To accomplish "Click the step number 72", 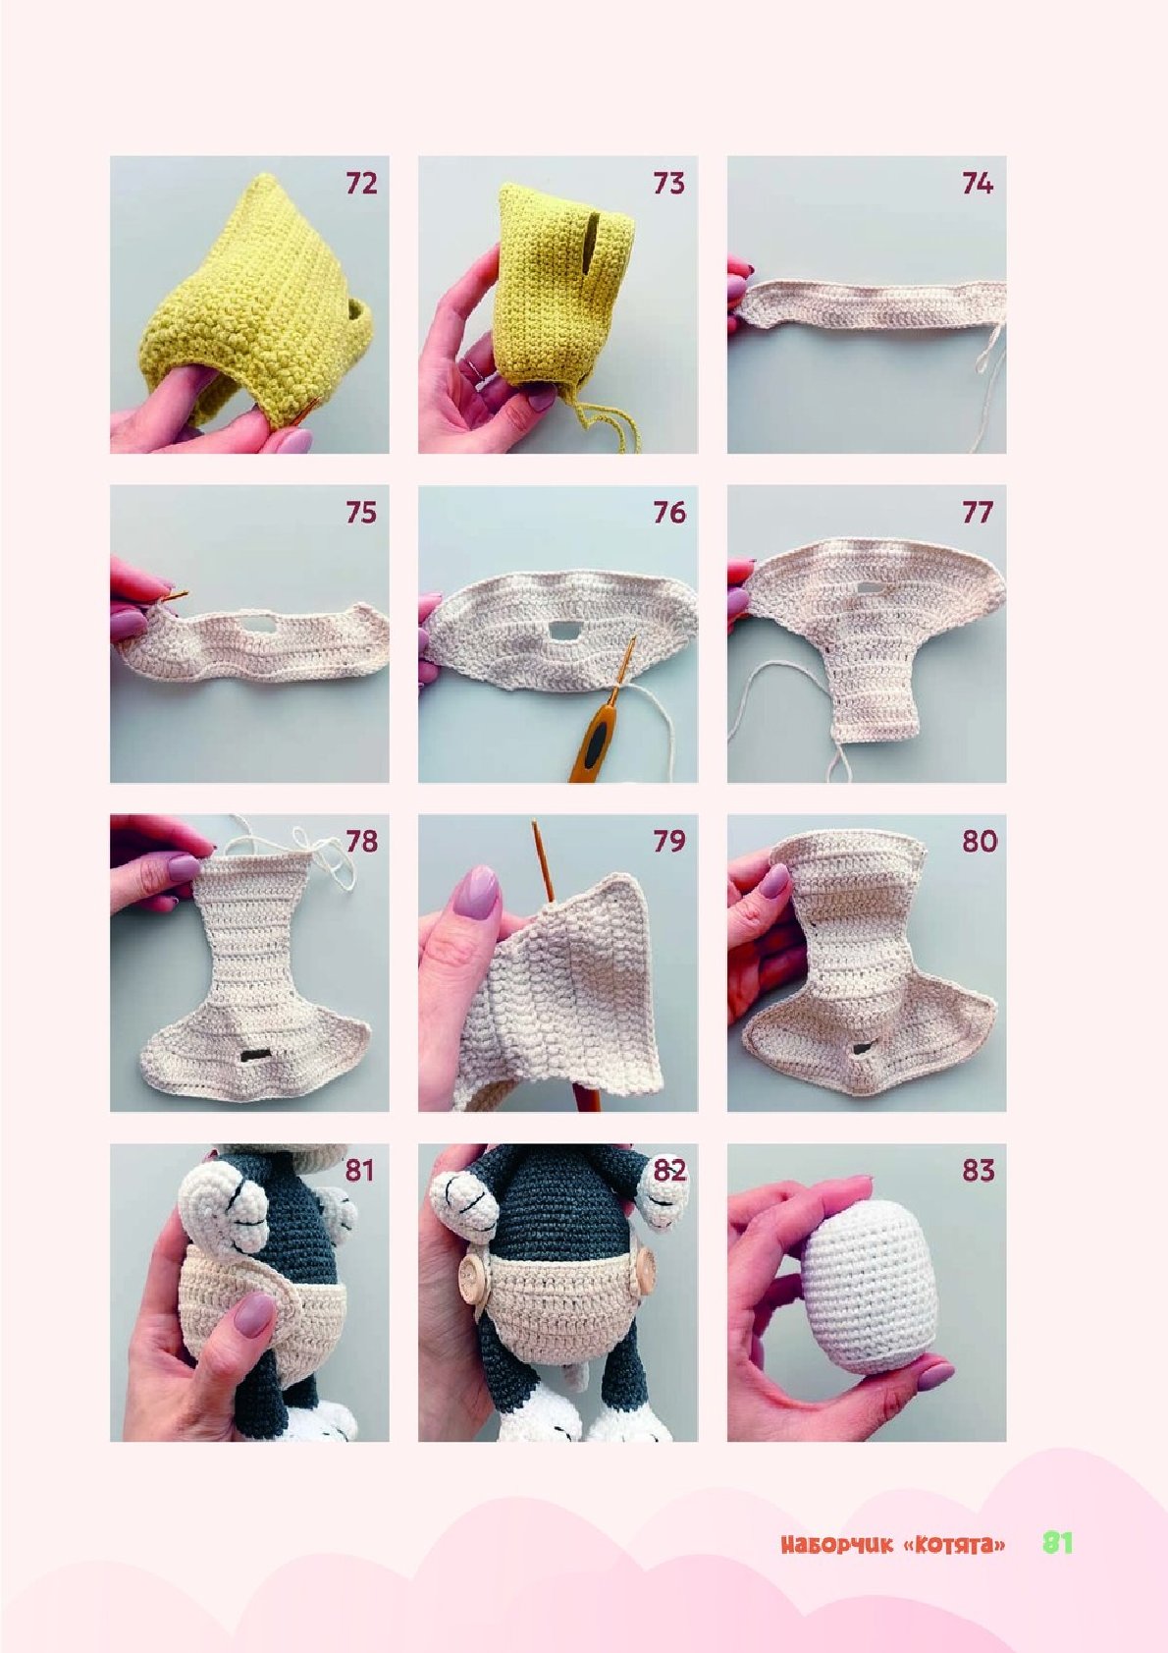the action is (x=361, y=183).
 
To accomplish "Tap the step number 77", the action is (x=978, y=512).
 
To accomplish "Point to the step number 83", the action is (x=979, y=1171).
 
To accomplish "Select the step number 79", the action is (x=669, y=842).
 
